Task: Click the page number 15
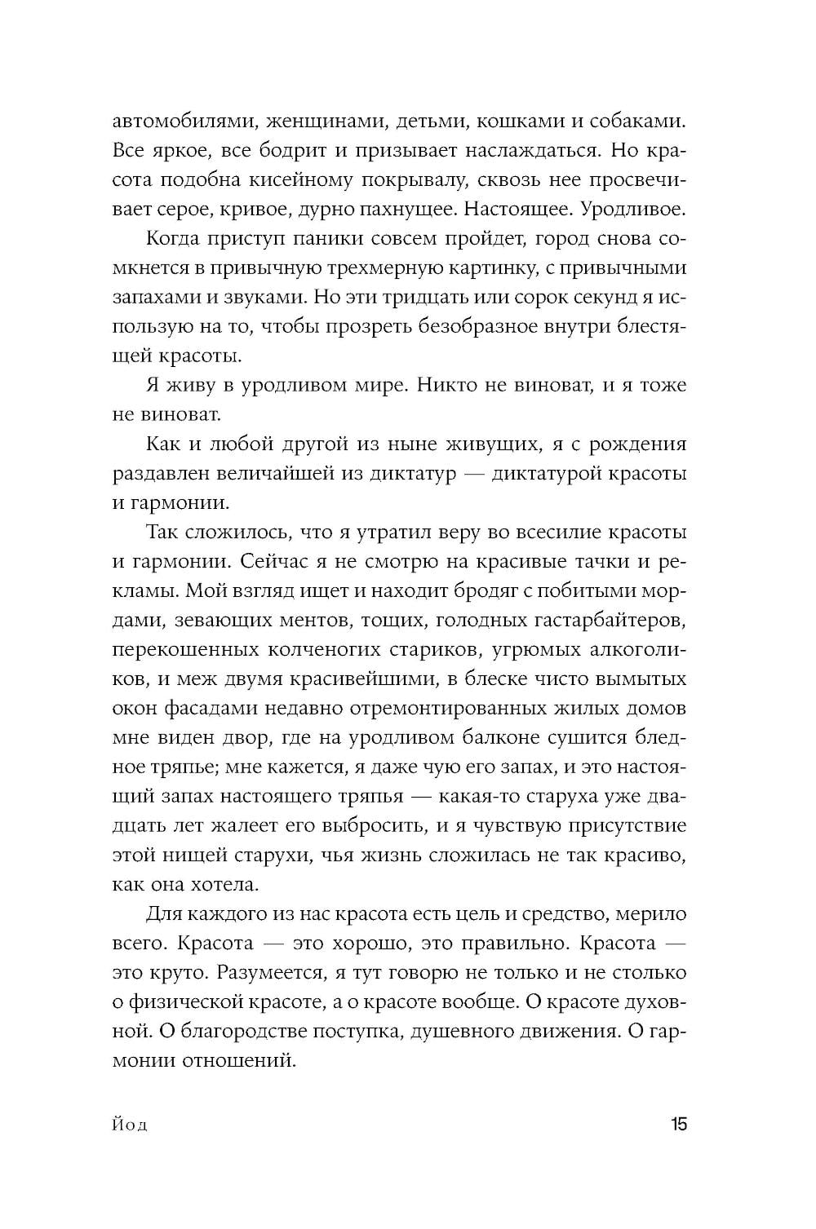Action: click(679, 1125)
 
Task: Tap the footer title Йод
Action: click(130, 1125)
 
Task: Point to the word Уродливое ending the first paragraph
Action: click(632, 210)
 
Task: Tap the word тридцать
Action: click(403, 298)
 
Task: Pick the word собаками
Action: click(634, 122)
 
